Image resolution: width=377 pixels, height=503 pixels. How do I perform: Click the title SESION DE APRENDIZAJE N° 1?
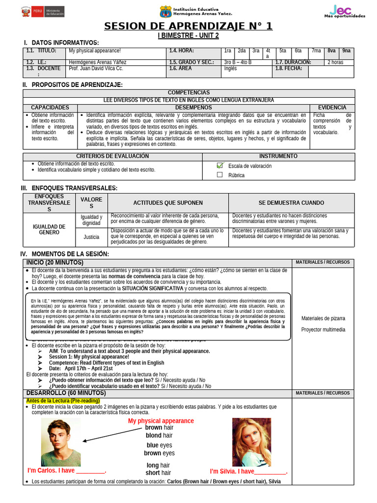[x=188, y=27]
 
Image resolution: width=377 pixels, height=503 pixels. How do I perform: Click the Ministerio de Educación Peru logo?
[x=37, y=11]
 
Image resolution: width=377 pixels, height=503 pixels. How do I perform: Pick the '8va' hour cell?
[x=332, y=51]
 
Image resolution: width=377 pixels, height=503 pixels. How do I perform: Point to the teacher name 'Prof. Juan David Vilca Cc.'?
[x=96, y=69]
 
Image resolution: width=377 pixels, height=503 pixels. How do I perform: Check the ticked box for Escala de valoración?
[x=220, y=166]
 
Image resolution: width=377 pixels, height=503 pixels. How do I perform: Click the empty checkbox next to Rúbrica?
[x=220, y=175]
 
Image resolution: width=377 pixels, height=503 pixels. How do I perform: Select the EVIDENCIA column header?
[x=332, y=108]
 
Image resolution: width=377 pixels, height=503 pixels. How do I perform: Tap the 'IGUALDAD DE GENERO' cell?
[x=49, y=229]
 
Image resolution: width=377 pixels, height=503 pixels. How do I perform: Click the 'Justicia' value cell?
[x=91, y=237]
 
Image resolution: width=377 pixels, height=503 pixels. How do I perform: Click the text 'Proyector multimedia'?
[x=323, y=330]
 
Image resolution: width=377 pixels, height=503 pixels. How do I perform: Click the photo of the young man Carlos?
[x=61, y=443]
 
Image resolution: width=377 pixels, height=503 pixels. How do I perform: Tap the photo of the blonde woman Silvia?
[x=251, y=443]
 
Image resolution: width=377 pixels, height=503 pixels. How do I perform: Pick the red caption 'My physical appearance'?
[x=161, y=421]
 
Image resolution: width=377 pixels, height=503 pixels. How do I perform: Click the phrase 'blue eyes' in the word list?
[x=159, y=445]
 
